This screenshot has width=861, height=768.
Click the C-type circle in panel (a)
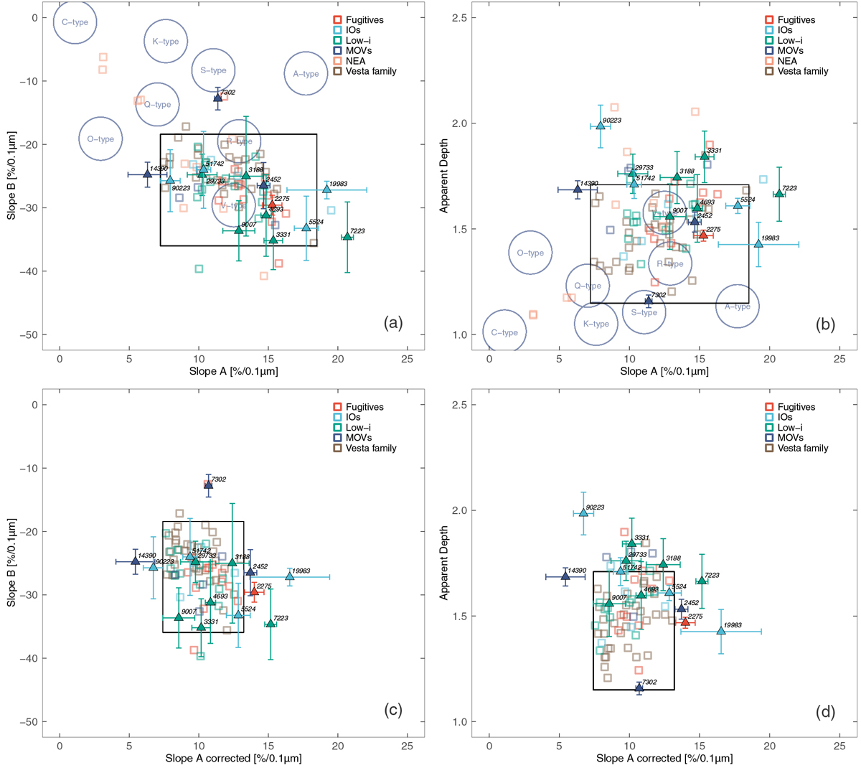75,22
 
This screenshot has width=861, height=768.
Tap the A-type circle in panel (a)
306,74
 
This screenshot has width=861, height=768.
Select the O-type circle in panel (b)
530,253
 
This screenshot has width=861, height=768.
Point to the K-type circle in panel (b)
596,324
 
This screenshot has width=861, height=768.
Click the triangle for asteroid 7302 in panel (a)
218,98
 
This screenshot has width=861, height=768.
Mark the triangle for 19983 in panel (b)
758,244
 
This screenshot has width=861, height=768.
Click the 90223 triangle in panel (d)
583,512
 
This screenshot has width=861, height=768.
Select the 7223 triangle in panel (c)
270,624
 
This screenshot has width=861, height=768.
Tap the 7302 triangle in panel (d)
639,688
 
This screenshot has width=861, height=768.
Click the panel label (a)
392,323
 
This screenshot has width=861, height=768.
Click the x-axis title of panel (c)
233,758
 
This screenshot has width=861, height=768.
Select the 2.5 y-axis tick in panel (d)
466,405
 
